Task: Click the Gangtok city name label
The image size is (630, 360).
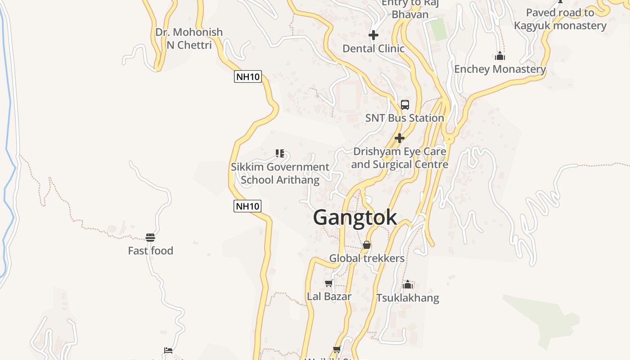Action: (x=355, y=217)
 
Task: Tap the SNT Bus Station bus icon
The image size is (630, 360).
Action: (x=405, y=105)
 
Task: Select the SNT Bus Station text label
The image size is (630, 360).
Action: (x=405, y=118)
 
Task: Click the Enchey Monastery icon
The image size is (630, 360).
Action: (x=500, y=56)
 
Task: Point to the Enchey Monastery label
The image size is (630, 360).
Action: (x=500, y=69)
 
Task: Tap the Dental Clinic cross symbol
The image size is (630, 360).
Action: (x=373, y=35)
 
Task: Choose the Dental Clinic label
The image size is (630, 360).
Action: (x=373, y=48)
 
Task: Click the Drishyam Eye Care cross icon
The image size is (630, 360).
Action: (x=400, y=138)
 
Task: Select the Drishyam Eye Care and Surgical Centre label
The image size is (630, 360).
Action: (x=400, y=158)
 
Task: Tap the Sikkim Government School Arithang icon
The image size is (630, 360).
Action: (x=280, y=153)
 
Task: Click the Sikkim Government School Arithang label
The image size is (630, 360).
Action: (x=280, y=173)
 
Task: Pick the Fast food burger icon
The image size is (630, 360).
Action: (x=150, y=238)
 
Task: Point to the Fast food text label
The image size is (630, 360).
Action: (x=150, y=251)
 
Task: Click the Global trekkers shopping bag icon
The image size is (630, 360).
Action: (x=367, y=245)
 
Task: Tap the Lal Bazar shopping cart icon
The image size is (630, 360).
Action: (x=329, y=283)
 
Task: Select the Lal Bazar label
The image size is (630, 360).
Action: (x=329, y=297)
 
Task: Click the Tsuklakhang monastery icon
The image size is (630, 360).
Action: (x=408, y=284)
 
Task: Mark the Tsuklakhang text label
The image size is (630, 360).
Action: (x=408, y=298)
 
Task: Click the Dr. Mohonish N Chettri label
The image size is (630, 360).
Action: (x=189, y=38)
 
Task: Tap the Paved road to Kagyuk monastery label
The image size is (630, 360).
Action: (x=560, y=19)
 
